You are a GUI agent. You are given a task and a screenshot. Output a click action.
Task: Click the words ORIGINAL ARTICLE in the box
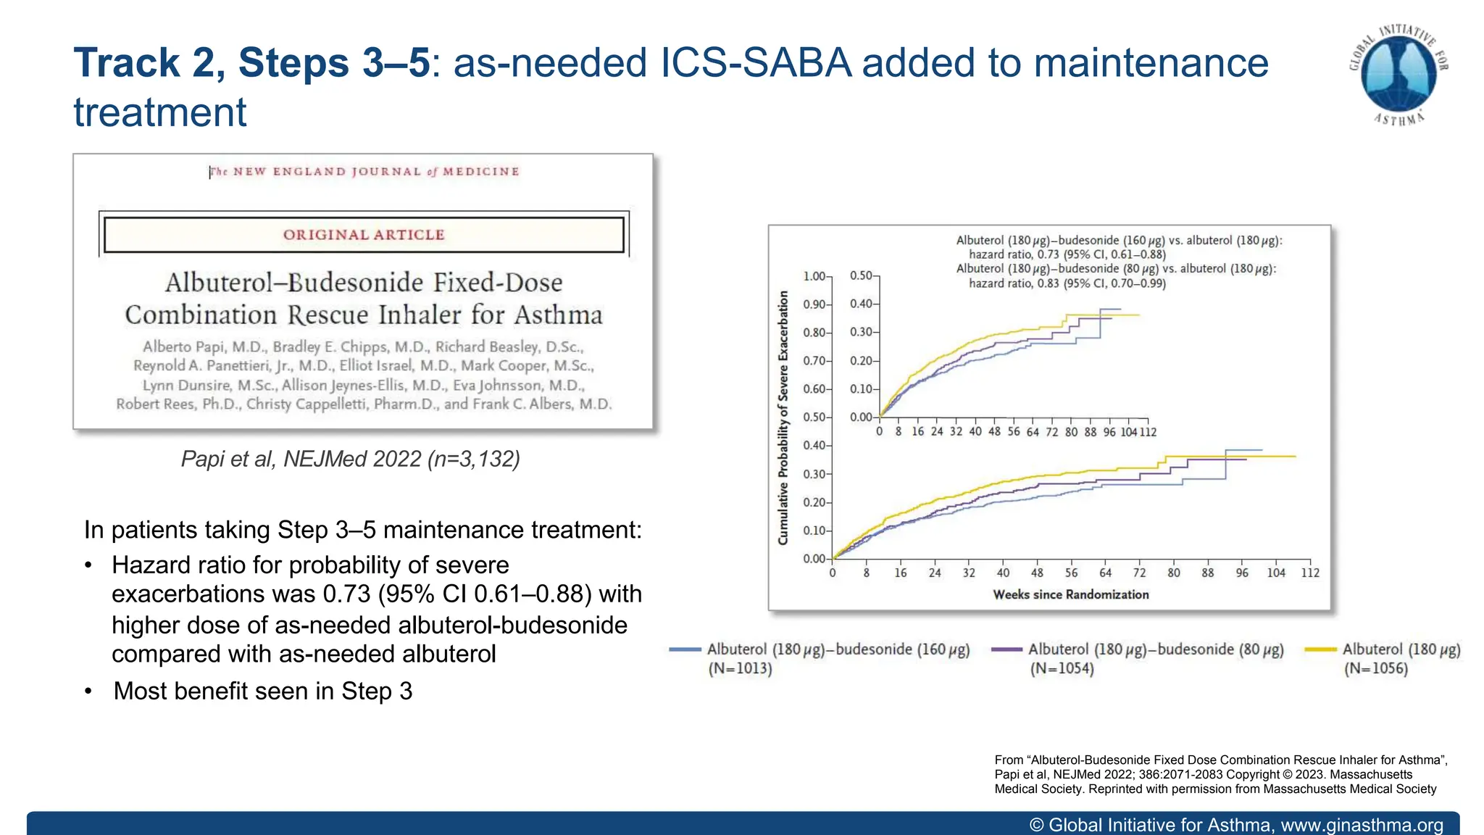363,235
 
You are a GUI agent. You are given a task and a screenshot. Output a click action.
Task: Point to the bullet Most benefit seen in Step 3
262,691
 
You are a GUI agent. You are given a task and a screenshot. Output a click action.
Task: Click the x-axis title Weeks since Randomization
1070,595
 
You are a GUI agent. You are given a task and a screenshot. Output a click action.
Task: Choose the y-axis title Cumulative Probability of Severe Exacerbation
783,417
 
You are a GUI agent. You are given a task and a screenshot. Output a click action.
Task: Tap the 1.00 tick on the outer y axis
814,276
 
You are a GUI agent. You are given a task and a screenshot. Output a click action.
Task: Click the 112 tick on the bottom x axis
1310,573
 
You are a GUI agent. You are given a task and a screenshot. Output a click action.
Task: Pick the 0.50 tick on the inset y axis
861,276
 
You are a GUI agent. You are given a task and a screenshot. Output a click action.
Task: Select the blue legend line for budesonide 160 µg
685,649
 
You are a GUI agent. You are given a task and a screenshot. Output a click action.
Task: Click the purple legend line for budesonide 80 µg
1006,649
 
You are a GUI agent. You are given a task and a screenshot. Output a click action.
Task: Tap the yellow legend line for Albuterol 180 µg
1320,649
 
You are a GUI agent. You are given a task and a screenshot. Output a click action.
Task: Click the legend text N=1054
1062,668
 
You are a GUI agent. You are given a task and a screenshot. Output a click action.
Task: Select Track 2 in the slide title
149,63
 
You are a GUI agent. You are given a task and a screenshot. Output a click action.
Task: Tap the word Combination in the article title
201,315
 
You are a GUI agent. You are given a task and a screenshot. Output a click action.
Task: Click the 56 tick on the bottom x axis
1071,573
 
